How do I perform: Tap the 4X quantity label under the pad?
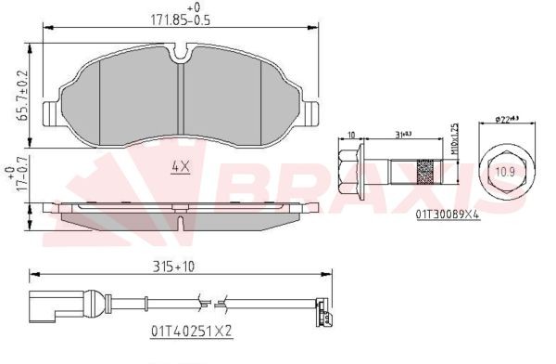coord(181,167)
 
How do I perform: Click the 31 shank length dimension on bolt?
coord(404,136)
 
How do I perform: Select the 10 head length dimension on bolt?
coord(351,136)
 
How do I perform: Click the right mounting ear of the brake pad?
coord(311,113)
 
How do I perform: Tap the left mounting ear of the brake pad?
coord(52,113)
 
